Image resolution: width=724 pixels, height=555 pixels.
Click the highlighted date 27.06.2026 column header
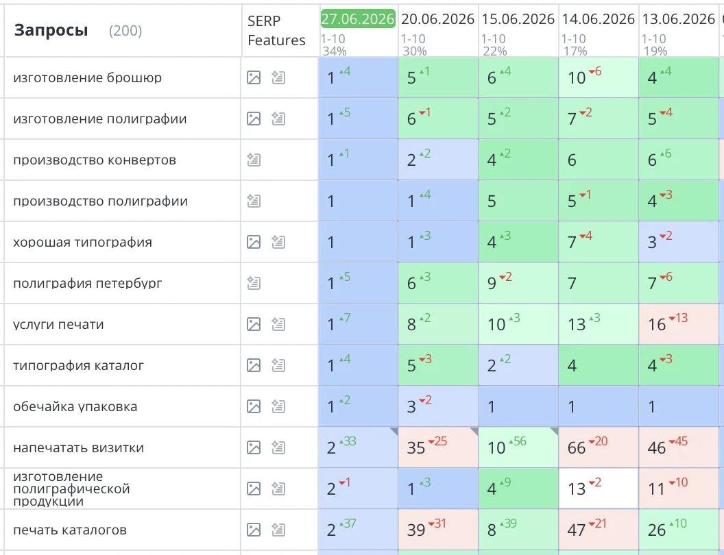point(358,19)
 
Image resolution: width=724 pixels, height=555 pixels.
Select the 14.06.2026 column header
point(598,19)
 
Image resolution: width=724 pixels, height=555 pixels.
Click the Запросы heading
point(51,30)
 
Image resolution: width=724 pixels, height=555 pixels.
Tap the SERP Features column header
point(276,30)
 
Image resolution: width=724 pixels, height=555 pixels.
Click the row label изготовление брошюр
point(87,77)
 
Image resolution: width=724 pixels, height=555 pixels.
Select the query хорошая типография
point(82,242)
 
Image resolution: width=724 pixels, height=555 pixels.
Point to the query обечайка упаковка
point(75,406)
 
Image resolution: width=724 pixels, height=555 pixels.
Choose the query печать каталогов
point(70,530)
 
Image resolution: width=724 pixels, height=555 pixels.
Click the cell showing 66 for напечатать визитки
point(599,447)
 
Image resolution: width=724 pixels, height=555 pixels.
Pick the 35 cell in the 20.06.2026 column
point(438,447)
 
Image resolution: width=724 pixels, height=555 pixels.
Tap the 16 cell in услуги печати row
point(679,324)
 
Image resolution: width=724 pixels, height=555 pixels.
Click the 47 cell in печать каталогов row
point(599,530)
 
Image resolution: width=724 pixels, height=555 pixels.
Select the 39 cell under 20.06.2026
point(438,530)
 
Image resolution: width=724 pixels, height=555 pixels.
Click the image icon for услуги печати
point(254,324)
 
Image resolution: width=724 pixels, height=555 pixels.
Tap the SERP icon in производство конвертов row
point(254,160)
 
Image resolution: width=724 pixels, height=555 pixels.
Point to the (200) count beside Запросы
point(125,31)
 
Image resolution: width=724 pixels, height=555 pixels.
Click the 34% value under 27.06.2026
point(335,51)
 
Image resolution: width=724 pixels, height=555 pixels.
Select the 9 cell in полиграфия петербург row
point(518,283)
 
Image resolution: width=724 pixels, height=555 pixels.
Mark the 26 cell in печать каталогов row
point(679,530)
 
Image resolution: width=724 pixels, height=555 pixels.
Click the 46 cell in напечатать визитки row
point(679,447)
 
